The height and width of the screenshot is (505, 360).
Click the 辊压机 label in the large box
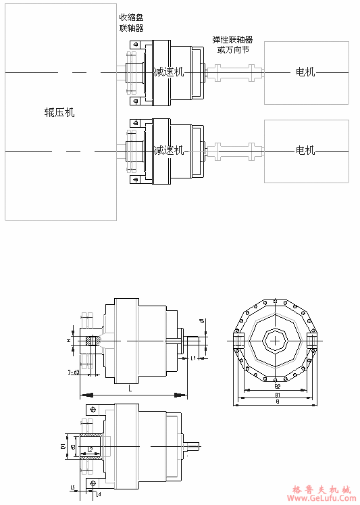point(59,112)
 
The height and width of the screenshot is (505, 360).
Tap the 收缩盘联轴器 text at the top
point(131,23)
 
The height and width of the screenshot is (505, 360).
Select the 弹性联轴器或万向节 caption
point(232,45)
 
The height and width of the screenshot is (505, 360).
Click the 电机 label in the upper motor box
point(306,72)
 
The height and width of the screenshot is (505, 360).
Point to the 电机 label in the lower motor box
point(306,150)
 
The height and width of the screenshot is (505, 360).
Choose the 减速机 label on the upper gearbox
point(168,72)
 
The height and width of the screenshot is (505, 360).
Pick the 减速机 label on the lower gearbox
point(168,150)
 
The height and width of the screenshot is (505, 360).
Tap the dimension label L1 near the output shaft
point(193,358)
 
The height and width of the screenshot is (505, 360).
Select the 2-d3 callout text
point(74,372)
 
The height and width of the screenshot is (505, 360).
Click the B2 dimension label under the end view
point(277,385)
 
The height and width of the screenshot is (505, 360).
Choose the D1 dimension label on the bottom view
point(63,446)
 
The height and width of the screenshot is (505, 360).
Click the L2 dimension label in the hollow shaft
point(90,448)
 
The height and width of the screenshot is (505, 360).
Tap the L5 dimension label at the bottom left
point(72,487)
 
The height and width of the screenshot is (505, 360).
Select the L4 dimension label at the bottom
point(99,494)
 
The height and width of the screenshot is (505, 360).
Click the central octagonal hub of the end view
point(276,341)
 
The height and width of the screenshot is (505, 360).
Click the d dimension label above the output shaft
point(202,321)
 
